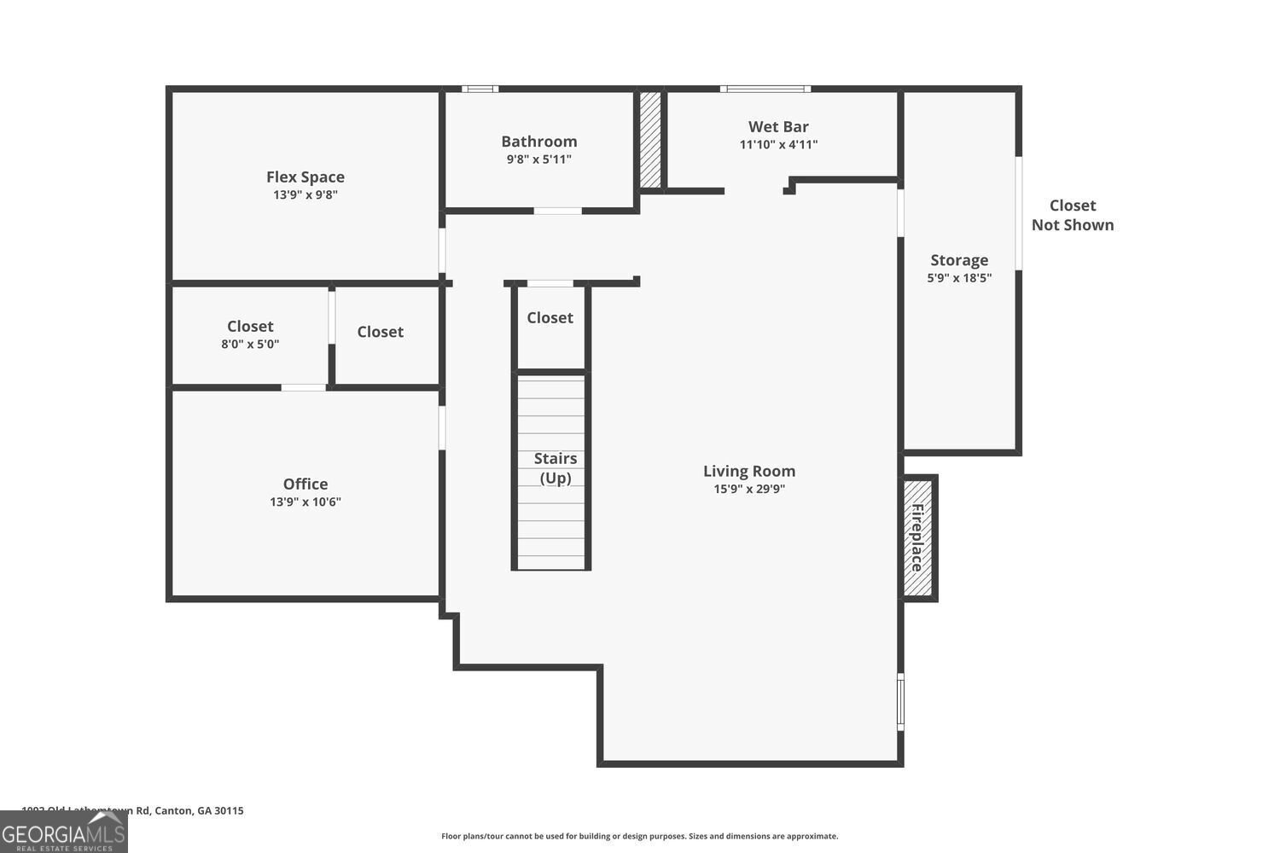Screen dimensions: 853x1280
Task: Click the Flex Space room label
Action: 305,177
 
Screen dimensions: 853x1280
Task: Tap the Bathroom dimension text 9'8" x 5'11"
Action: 538,160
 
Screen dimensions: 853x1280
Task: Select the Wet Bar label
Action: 778,127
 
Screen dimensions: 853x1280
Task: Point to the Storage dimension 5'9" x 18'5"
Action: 959,278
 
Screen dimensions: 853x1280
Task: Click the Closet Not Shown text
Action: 1072,215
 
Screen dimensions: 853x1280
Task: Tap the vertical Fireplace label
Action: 917,538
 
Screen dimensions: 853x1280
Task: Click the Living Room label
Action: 748,471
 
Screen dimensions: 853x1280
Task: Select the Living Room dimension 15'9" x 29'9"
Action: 748,490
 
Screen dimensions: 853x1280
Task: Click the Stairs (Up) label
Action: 555,468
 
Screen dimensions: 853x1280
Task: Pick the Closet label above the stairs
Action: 550,317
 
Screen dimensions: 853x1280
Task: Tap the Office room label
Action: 305,484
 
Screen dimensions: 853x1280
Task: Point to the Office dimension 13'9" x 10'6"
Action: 305,502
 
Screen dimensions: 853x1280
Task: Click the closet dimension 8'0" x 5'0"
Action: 250,345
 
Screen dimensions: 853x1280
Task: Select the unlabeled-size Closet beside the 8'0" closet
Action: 380,332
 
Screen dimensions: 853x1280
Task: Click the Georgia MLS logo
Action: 63,832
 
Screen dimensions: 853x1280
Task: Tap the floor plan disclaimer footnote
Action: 639,836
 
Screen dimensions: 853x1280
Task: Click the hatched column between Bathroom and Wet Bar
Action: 650,140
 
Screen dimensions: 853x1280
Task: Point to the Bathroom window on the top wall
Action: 480,89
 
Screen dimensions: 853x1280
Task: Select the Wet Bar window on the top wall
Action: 765,89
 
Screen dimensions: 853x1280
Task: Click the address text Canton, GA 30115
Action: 198,810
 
